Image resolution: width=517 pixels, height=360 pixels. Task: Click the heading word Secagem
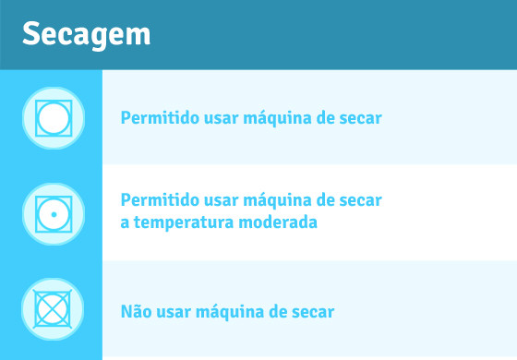(86, 35)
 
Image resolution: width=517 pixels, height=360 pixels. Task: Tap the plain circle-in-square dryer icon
(54, 118)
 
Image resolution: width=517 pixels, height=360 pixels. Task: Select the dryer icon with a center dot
(54, 214)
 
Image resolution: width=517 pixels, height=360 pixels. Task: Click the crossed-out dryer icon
(54, 310)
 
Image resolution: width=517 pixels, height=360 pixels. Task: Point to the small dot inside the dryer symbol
(54, 214)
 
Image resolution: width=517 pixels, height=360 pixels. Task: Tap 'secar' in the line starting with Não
(312, 311)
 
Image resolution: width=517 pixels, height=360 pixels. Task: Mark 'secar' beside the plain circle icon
(360, 118)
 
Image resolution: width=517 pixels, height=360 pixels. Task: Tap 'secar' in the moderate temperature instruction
(360, 200)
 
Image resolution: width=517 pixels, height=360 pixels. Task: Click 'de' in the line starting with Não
(276, 311)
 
